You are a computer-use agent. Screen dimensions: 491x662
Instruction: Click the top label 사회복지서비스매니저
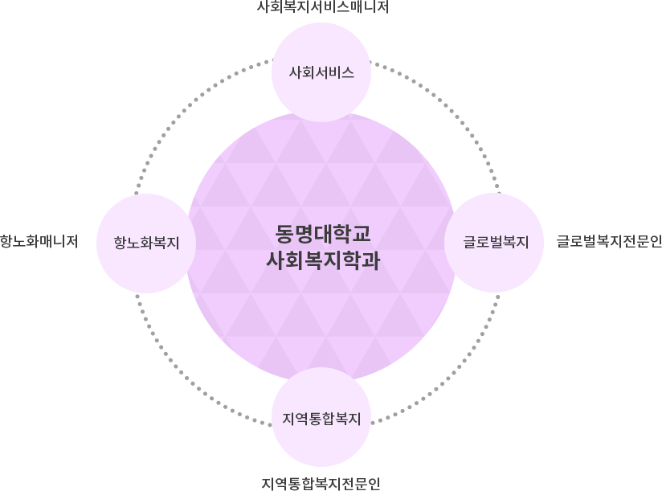click(x=321, y=7)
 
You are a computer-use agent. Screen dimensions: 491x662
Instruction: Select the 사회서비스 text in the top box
click(x=321, y=72)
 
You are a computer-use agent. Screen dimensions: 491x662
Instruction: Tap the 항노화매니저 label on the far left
click(x=39, y=241)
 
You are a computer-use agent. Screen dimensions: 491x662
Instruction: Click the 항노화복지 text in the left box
click(x=146, y=242)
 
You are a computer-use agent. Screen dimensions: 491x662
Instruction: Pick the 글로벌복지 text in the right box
click(x=496, y=242)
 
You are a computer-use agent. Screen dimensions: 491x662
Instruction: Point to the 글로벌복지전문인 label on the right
click(x=608, y=241)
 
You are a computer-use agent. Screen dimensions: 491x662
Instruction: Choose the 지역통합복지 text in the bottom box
click(x=321, y=419)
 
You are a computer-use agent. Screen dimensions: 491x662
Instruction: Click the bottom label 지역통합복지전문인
click(x=321, y=483)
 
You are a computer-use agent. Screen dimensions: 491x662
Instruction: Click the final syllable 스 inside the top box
click(x=347, y=72)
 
